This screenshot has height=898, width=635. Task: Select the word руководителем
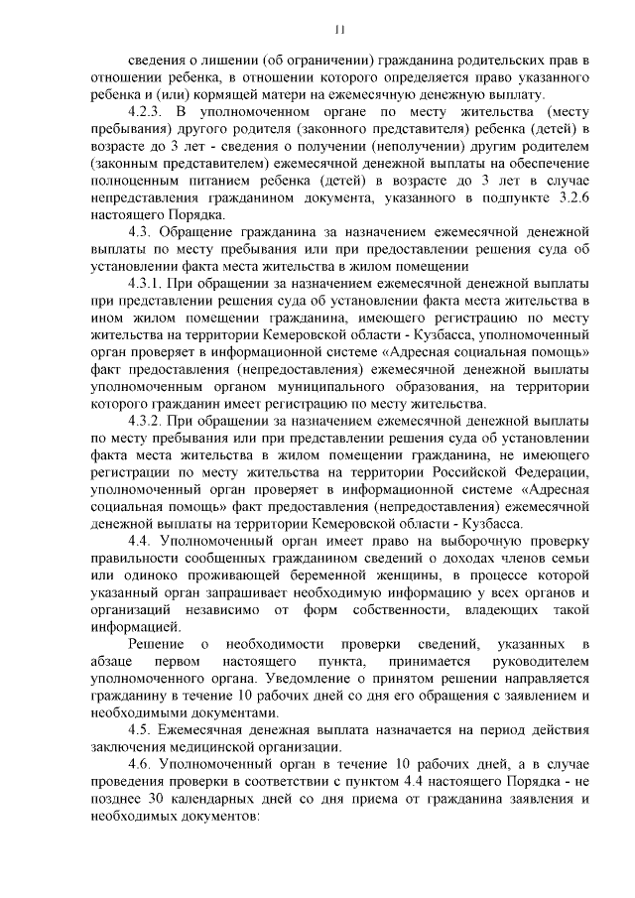tap(545, 661)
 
